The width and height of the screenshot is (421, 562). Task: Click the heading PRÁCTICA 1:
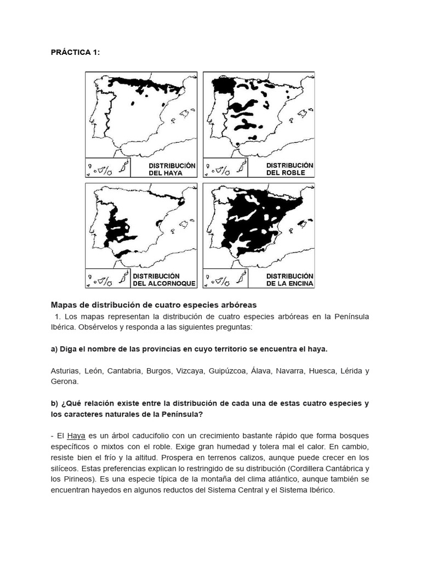76,52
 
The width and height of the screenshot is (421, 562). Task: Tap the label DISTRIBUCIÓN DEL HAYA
172,169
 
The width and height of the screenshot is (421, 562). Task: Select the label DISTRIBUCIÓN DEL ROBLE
289,169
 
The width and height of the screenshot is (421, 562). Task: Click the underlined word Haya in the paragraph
76,436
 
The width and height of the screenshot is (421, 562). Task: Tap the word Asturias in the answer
65,371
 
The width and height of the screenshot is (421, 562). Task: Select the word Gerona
65,381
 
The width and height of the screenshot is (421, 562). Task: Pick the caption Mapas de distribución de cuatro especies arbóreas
153,305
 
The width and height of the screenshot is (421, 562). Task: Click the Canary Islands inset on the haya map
107,168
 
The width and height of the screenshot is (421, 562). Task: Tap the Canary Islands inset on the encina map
225,279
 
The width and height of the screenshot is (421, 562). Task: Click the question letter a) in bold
54,349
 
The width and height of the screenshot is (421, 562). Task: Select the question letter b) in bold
54,403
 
